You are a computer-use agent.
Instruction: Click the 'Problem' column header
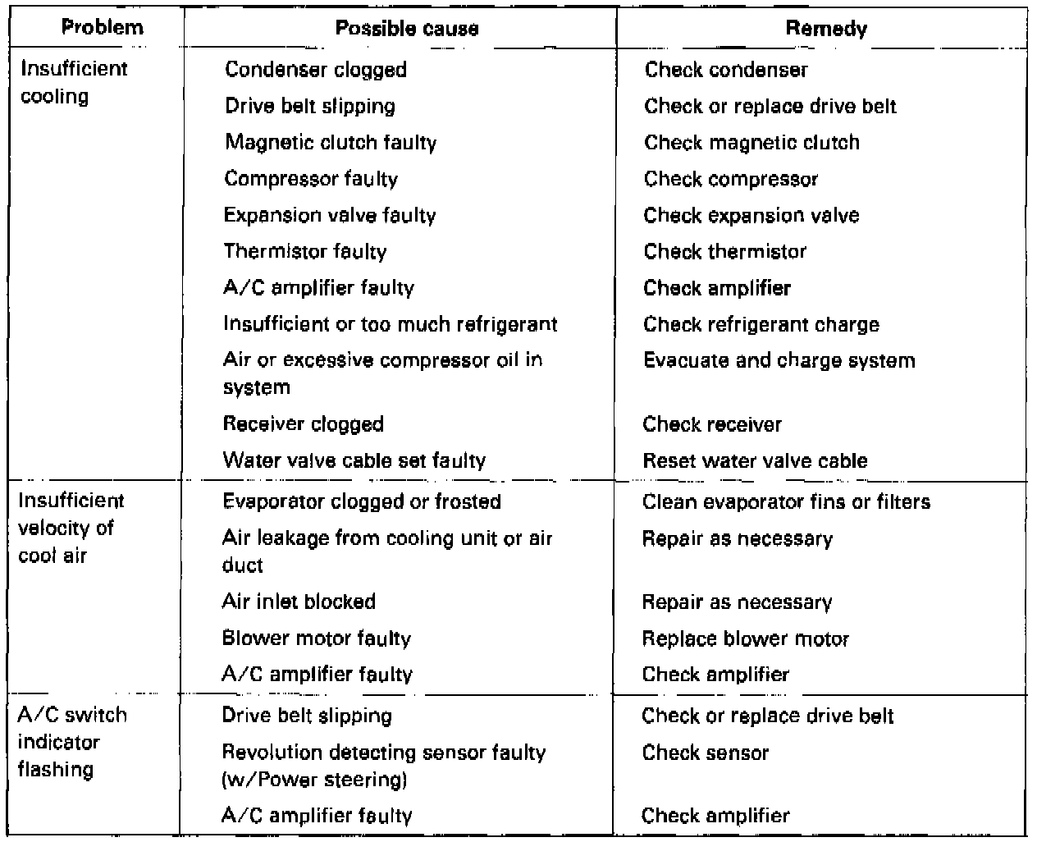coord(103,27)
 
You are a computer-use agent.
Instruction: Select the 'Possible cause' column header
coord(407,29)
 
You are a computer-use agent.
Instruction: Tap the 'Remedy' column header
coord(825,29)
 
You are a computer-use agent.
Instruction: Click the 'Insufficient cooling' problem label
coord(73,82)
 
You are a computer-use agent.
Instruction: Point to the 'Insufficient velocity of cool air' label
coord(71,528)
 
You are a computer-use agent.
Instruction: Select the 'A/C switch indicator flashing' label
coord(72,742)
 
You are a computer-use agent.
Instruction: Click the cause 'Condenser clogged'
coord(315,70)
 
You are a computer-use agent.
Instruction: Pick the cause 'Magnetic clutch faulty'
coord(331,142)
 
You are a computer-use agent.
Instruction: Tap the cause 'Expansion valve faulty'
coord(330,215)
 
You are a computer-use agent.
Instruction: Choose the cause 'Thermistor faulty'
coord(304,251)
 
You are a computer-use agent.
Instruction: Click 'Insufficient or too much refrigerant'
coord(390,323)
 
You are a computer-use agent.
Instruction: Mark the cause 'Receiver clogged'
coord(303,424)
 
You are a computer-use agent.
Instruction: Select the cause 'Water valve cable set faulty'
coord(354,460)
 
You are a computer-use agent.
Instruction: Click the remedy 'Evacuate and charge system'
coord(779,360)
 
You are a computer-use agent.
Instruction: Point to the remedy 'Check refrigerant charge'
coord(761,324)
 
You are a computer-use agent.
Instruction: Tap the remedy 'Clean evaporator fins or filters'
coord(786,501)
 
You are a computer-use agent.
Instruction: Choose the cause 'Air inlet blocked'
coord(299,602)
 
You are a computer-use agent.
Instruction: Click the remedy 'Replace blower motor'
coord(745,638)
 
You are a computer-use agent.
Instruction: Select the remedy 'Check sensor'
coord(705,753)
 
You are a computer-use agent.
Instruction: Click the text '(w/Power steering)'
coord(314,779)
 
